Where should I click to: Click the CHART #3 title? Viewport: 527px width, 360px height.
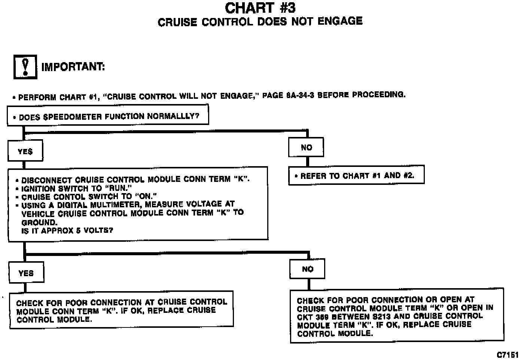click(260, 7)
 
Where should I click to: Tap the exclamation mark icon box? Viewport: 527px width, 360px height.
click(25, 67)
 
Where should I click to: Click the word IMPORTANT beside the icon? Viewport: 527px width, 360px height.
click(73, 67)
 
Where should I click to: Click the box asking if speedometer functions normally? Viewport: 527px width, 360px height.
click(108, 116)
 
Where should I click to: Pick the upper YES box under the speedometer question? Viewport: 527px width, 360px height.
click(25, 152)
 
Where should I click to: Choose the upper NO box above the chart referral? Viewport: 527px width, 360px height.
click(306, 147)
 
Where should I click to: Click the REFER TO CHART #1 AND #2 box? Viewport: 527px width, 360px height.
click(356, 175)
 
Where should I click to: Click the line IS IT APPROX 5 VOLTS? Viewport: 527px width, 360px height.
click(67, 231)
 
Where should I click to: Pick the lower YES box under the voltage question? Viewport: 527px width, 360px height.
click(26, 273)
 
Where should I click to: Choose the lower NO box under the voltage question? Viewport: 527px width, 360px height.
click(307, 269)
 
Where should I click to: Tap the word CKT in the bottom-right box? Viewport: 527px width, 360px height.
click(305, 317)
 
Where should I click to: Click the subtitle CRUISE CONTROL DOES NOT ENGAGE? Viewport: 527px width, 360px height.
click(260, 22)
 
